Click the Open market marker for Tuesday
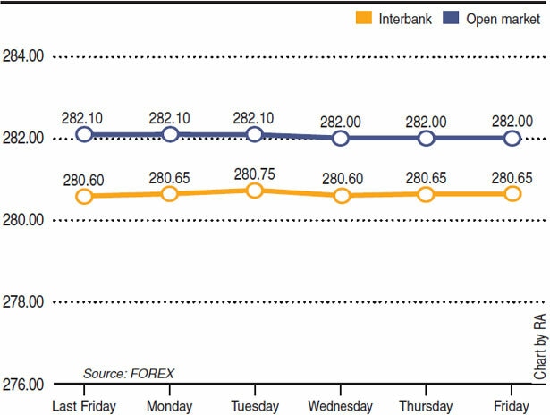(x=255, y=134)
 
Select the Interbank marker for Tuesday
(x=255, y=191)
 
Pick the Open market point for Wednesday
(x=341, y=138)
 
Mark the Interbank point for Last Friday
(x=84, y=196)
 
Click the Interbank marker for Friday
(x=512, y=193)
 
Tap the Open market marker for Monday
(x=170, y=134)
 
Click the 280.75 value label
(x=255, y=174)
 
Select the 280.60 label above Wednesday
(x=341, y=178)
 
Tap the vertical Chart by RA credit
(x=539, y=348)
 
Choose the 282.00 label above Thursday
(x=426, y=121)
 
